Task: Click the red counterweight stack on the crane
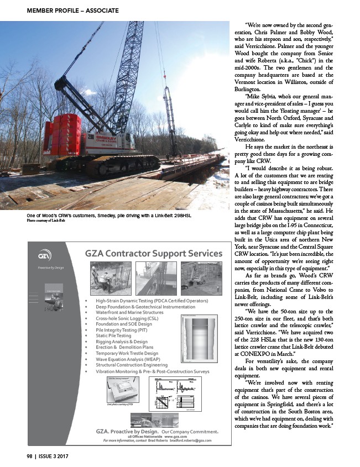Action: tap(62, 134)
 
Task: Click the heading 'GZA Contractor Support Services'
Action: tap(154, 254)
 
